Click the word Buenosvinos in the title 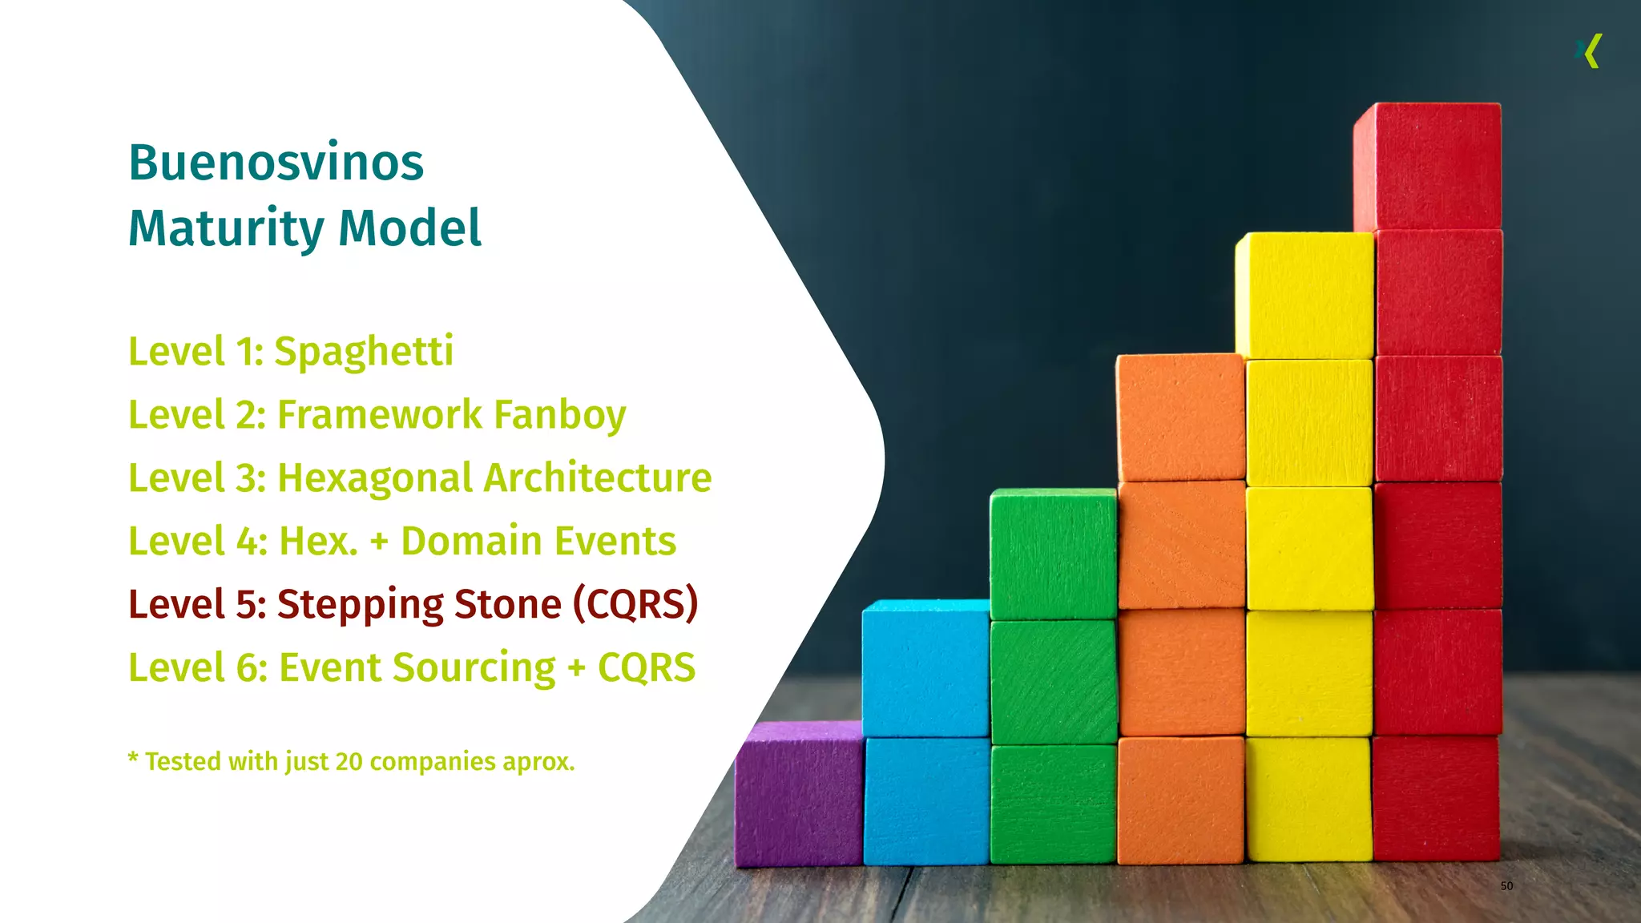click(x=276, y=163)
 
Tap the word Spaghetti click(x=364, y=352)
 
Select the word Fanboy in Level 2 click(x=559, y=415)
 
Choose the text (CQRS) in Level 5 click(x=635, y=604)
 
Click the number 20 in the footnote click(x=349, y=761)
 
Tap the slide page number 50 click(x=1506, y=885)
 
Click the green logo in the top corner click(x=1589, y=51)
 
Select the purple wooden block click(x=799, y=793)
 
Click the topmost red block click(x=1427, y=166)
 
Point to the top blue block click(x=925, y=667)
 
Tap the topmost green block click(x=1053, y=553)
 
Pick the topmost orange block click(x=1180, y=417)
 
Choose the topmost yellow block click(x=1304, y=295)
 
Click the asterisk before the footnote click(x=133, y=757)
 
